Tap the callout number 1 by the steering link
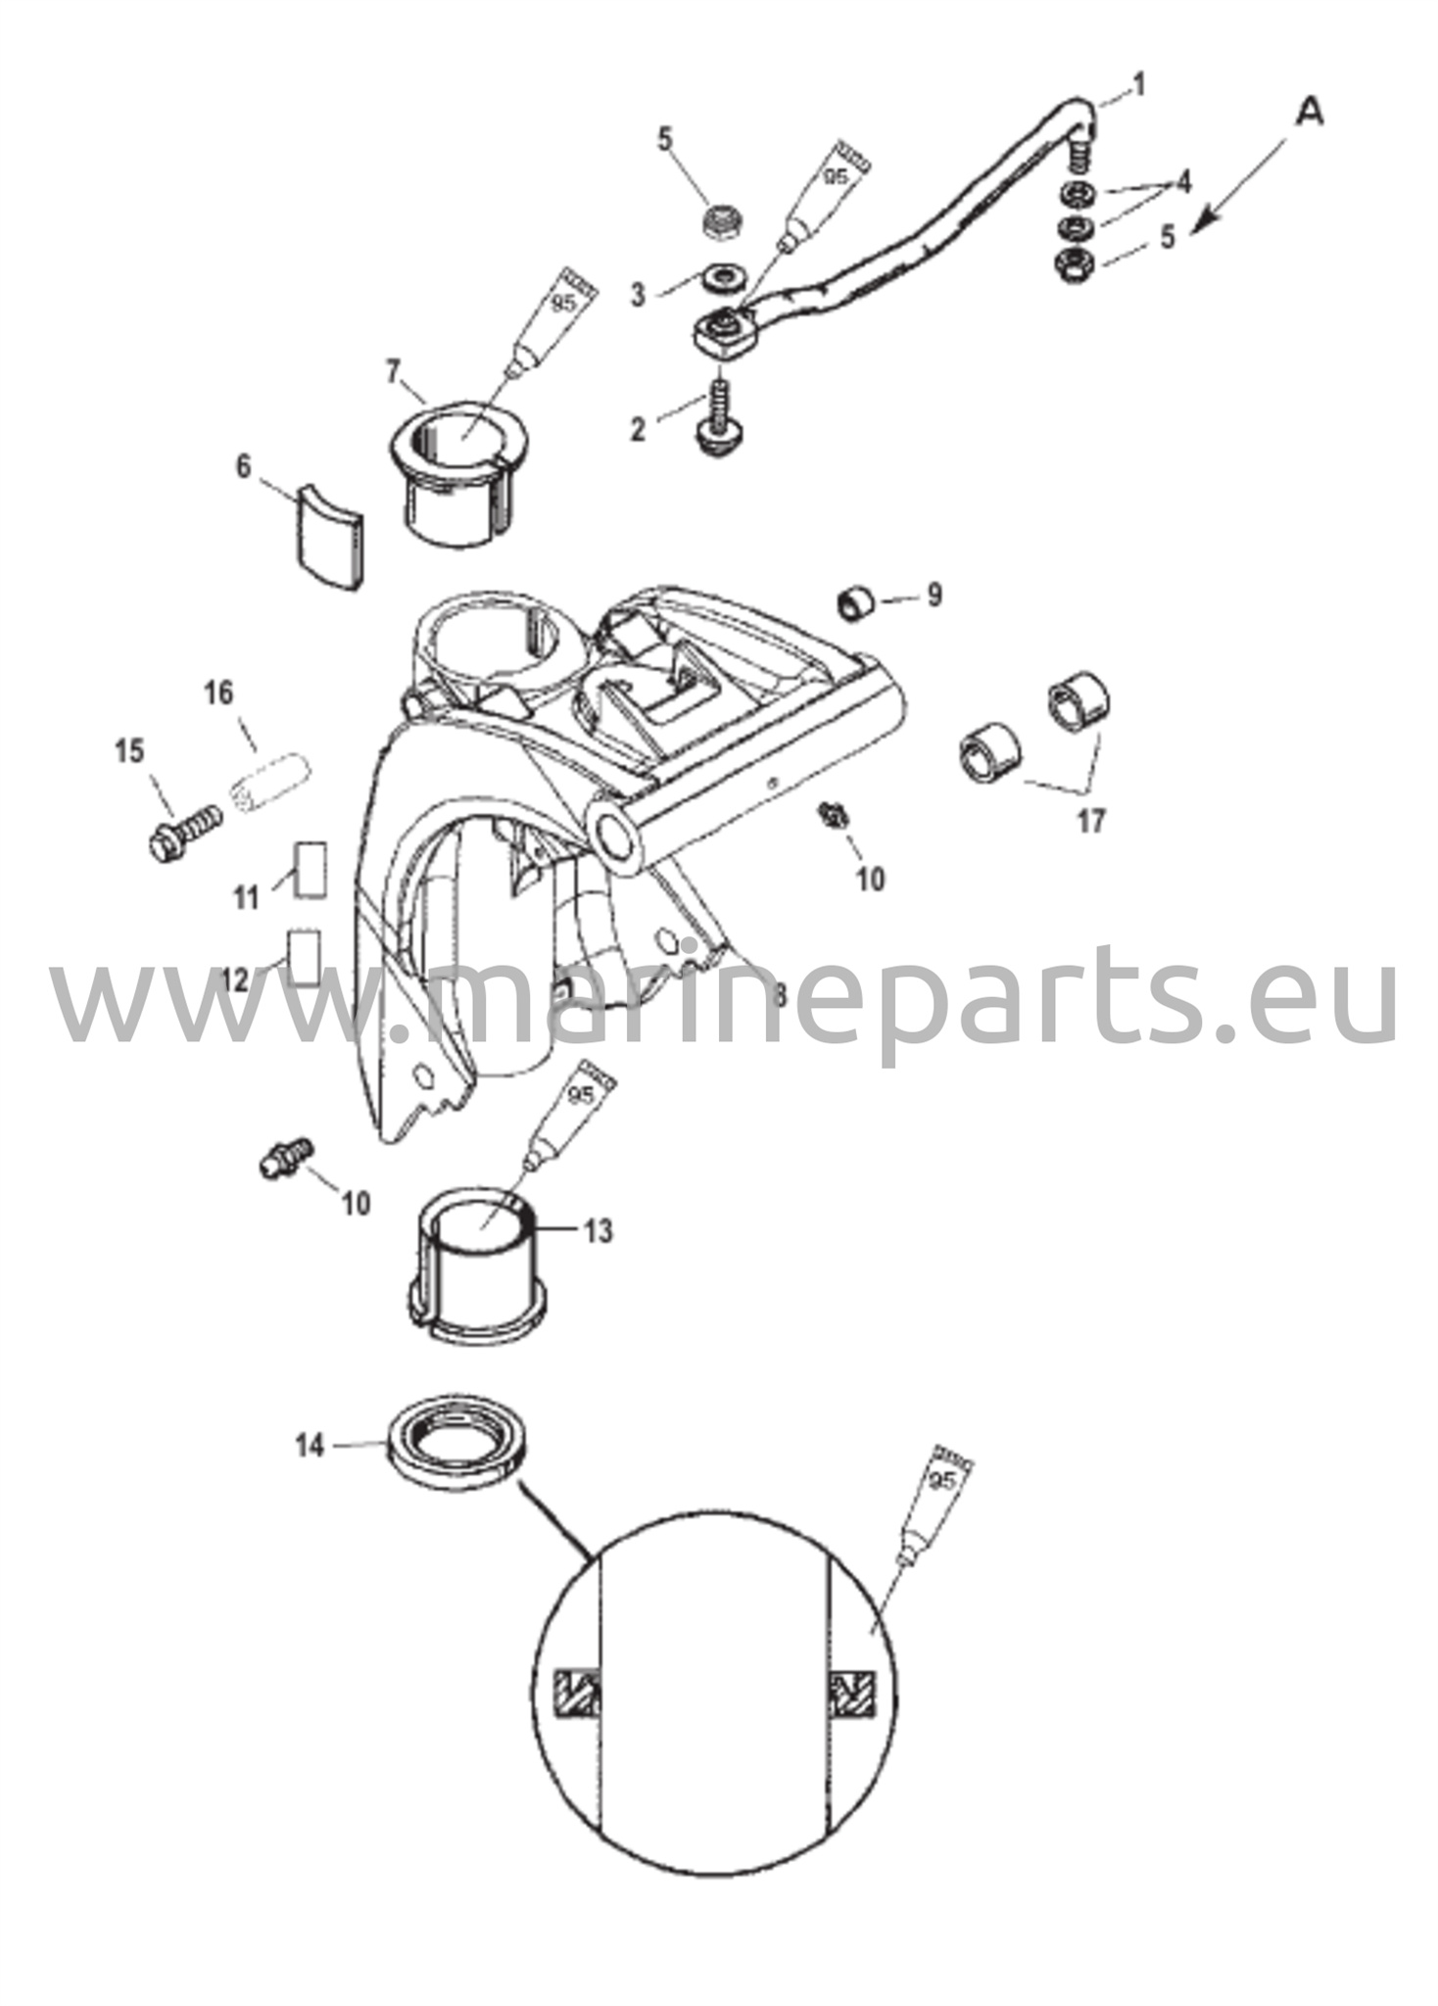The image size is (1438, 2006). pos(1136,86)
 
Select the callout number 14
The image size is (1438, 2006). pos(310,1445)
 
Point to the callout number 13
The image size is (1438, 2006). pos(599,1230)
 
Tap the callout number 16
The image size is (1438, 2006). pos(218,693)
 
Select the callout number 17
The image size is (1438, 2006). pos(1090,820)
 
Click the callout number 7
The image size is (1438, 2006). pos(393,372)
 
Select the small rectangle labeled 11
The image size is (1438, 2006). pos(310,867)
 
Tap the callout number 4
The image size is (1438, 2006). pos(1183,181)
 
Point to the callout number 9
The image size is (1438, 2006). pos(934,595)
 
